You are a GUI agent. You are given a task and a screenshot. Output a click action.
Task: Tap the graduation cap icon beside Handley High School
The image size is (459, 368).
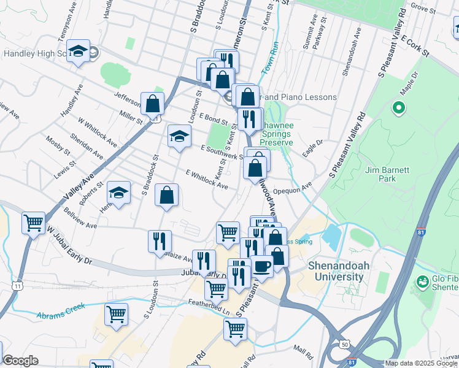[x=79, y=52]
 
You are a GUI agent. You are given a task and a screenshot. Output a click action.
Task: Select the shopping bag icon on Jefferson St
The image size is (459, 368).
[x=152, y=104]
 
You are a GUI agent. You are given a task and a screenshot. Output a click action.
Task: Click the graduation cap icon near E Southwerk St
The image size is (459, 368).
[x=179, y=136]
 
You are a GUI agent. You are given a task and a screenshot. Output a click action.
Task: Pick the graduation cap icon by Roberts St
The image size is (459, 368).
[x=118, y=194]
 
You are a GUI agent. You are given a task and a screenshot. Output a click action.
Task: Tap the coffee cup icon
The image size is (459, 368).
[x=263, y=266]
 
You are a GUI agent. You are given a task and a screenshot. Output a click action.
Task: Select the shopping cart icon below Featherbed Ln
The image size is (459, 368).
[x=235, y=330]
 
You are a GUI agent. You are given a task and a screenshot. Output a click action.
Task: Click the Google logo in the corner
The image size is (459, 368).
[x=20, y=361]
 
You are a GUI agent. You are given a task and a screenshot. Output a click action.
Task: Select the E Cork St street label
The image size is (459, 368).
[x=415, y=45]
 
